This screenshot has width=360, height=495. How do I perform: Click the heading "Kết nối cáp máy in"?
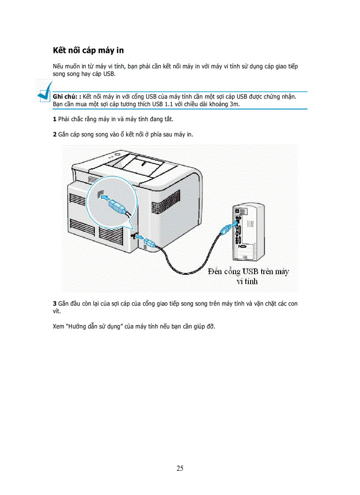88,50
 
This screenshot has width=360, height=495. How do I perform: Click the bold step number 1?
54,119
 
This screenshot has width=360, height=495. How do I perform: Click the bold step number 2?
54,134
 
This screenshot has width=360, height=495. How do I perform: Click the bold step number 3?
54,304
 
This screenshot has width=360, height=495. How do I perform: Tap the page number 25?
180,468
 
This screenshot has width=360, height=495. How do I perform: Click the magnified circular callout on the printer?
110,202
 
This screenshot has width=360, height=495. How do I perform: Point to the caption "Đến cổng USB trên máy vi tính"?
248,276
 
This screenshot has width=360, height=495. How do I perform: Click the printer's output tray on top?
141,165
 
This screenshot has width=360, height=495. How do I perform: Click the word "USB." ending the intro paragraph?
109,74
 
